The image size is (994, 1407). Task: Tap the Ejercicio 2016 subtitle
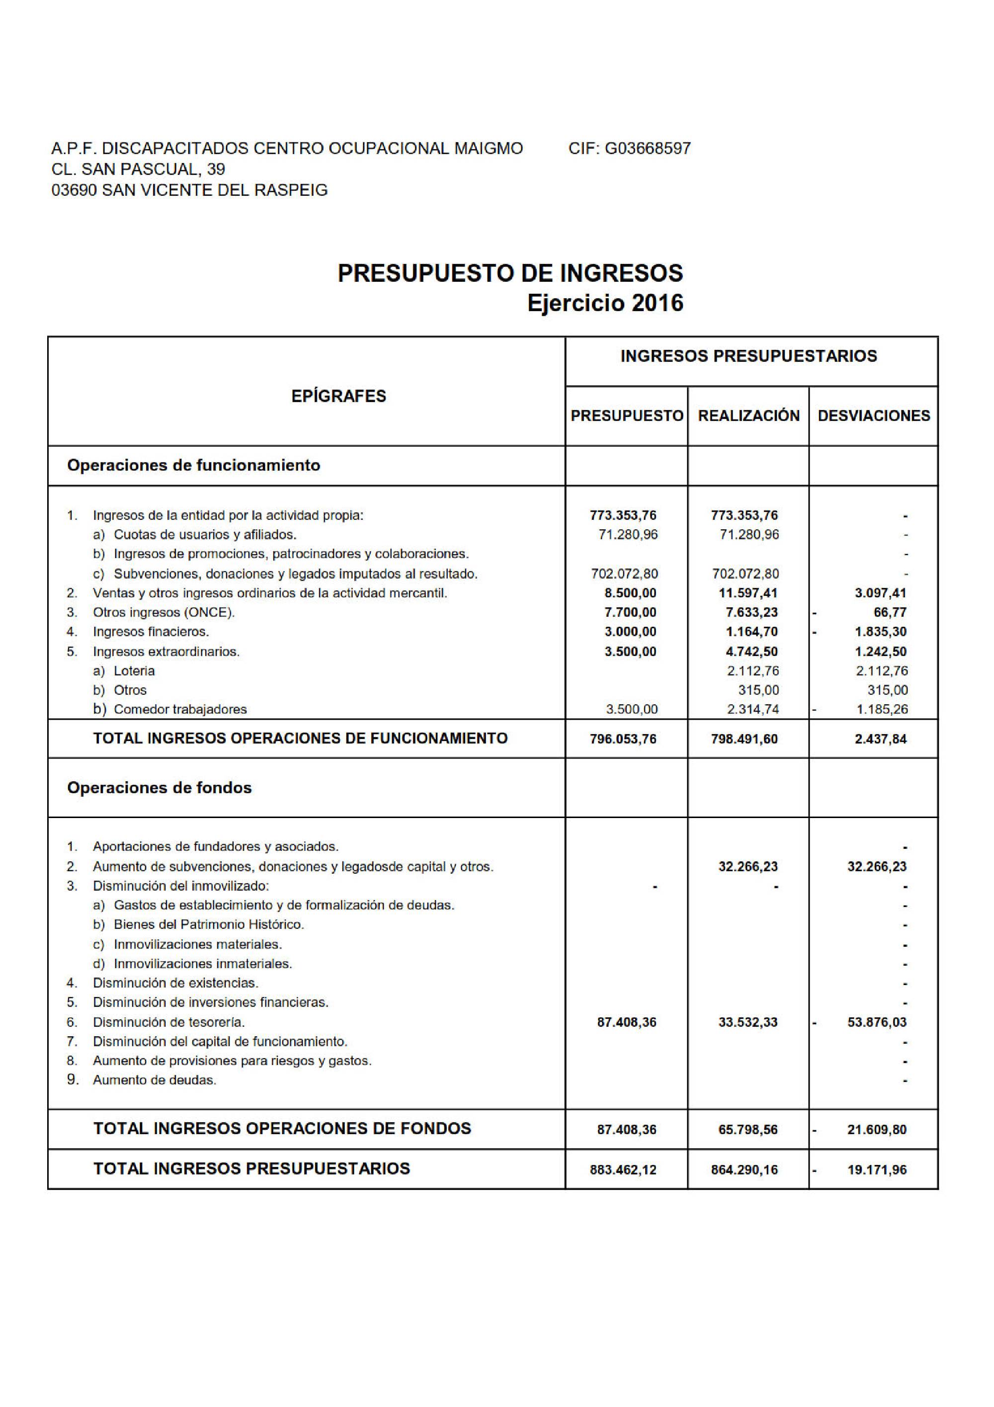[x=605, y=303]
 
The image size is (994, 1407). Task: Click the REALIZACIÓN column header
[x=748, y=415]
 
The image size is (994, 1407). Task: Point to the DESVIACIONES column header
[x=873, y=415]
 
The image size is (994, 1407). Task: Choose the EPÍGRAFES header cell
[x=338, y=396]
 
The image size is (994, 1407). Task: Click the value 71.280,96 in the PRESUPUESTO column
[x=628, y=534]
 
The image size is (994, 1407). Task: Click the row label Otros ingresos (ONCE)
[x=164, y=612]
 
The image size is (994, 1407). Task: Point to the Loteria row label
[x=134, y=670]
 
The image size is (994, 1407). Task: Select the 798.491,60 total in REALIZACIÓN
[x=744, y=739]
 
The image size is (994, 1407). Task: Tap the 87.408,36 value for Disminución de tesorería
[x=626, y=1022]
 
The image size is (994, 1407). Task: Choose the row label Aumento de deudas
[x=155, y=1080]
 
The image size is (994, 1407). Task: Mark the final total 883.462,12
[x=623, y=1170]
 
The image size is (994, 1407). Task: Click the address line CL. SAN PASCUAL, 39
[x=139, y=169]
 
